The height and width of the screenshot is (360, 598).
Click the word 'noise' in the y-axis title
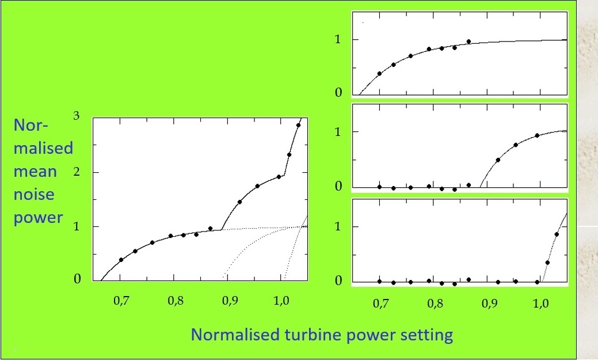33,195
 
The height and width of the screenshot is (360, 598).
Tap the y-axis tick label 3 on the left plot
77,116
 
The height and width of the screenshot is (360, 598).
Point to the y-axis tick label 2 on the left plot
77,172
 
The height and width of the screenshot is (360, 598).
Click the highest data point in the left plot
298,125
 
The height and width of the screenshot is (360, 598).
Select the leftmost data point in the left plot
121,260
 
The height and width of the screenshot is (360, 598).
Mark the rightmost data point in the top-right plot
469,41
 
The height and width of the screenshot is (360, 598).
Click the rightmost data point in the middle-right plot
537,135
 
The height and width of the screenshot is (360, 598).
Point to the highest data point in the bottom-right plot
556,234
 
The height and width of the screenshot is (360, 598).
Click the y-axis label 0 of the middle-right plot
339,186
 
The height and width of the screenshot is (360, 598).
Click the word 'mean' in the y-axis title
35,172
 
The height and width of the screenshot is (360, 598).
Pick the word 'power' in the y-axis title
38,218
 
